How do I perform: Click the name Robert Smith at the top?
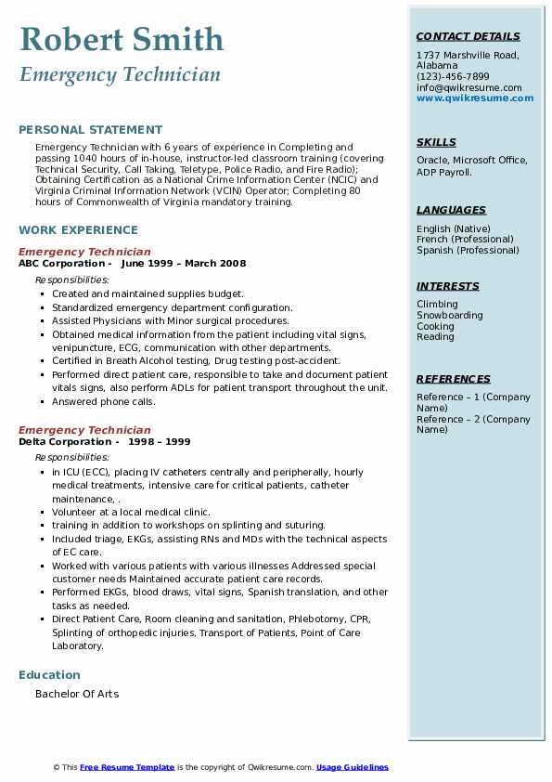coord(122,39)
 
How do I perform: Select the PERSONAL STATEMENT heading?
coord(90,130)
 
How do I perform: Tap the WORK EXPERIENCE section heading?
coord(78,230)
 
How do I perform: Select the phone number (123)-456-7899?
coord(453,77)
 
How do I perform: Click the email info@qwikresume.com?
coord(469,88)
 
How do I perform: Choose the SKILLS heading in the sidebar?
coord(436,143)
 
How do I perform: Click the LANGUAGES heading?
coord(451,211)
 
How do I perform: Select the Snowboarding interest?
coord(449,316)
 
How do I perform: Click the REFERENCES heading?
coord(454,380)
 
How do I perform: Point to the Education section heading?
coord(49,675)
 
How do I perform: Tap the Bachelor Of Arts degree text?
coord(77,694)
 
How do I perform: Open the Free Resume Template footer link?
coord(127,767)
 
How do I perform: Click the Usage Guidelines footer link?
coord(352,767)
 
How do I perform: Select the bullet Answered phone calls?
coord(103,402)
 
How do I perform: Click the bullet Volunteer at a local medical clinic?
coord(131,512)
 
